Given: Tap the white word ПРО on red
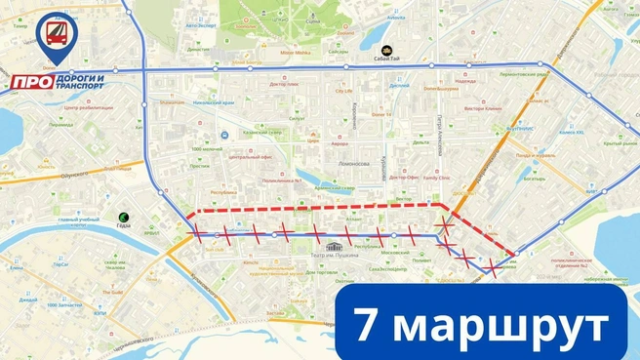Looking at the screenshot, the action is (31, 82).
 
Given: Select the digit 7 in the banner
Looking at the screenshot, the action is (367, 326).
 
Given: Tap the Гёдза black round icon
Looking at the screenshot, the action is (124, 218).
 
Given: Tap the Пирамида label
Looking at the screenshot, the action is (61, 125).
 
